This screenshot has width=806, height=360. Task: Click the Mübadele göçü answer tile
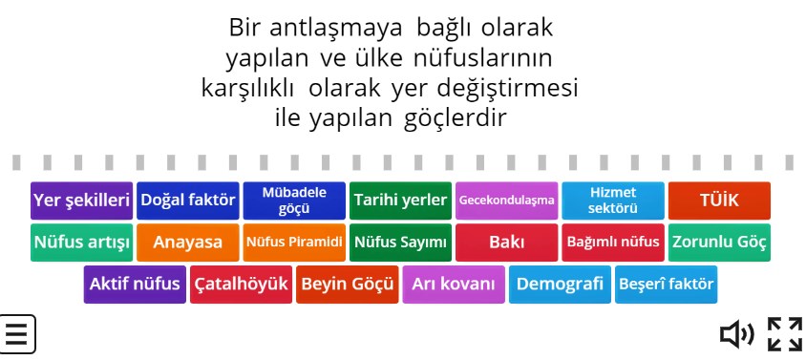click(x=294, y=201)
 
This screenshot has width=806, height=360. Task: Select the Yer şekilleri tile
click(x=81, y=201)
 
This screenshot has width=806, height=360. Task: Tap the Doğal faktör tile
click(x=188, y=201)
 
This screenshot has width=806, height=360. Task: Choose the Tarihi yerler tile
click(x=400, y=201)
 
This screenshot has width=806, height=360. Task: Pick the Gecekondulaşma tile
click(x=506, y=201)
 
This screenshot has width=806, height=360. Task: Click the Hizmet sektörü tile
click(x=612, y=201)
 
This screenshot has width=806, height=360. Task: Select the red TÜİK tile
click(x=719, y=201)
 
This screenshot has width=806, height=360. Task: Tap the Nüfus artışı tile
click(x=81, y=243)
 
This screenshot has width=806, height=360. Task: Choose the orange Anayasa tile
click(x=188, y=243)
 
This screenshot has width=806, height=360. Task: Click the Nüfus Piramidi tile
click(x=294, y=243)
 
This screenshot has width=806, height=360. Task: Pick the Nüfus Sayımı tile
click(x=400, y=243)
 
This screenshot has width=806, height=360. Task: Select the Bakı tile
click(x=506, y=243)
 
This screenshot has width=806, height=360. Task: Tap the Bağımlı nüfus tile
click(x=612, y=243)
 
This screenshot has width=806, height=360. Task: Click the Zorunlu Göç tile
click(x=719, y=243)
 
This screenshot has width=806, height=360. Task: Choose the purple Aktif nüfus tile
click(x=135, y=285)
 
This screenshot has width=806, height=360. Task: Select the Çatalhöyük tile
click(x=241, y=285)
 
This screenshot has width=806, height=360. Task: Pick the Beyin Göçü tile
click(x=347, y=285)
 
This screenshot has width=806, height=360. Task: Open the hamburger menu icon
click(x=17, y=334)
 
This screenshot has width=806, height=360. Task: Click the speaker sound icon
click(x=736, y=334)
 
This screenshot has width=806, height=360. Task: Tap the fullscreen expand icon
click(x=785, y=334)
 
